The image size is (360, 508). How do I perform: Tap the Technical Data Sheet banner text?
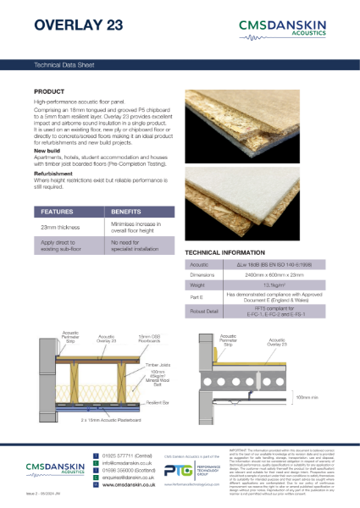(64, 63)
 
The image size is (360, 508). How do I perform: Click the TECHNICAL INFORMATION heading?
(224, 253)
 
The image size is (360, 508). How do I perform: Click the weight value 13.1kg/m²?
(273, 285)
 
